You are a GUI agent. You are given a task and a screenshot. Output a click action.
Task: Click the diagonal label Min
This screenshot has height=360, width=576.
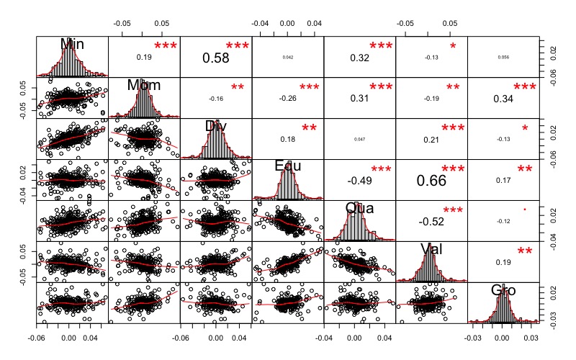(x=72, y=44)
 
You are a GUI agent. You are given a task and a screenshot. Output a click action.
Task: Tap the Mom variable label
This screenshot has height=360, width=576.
(x=144, y=85)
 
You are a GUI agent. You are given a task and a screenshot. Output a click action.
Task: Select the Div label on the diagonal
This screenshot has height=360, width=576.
(x=216, y=126)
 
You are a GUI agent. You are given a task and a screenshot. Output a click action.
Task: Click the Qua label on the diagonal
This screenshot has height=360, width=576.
(x=360, y=208)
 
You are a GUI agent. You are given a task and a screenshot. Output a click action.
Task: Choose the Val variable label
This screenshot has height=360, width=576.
(x=432, y=249)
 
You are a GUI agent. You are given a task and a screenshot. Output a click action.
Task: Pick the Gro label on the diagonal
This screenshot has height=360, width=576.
(x=504, y=290)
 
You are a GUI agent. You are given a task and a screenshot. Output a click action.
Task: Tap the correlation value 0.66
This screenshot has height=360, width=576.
(x=432, y=180)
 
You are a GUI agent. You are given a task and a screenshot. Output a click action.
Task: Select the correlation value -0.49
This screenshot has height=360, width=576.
(x=360, y=180)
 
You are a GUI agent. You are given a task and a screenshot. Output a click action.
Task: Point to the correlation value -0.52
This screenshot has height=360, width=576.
(x=432, y=221)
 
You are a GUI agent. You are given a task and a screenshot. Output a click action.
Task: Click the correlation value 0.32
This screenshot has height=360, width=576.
(x=360, y=57)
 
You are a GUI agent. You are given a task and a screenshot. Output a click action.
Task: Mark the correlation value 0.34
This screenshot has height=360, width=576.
(x=504, y=98)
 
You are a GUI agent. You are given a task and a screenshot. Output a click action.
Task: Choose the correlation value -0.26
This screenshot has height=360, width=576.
(x=288, y=98)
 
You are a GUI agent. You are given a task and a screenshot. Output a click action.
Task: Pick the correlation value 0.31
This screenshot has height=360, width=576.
(x=360, y=98)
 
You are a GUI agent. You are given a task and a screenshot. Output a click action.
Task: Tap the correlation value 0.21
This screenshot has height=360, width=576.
(x=432, y=139)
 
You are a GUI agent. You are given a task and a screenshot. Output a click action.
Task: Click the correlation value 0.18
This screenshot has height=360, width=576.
(x=288, y=139)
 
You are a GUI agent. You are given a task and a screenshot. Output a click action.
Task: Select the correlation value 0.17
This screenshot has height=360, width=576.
(x=504, y=180)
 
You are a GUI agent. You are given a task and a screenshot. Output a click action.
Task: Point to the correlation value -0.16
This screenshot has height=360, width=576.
(x=216, y=98)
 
